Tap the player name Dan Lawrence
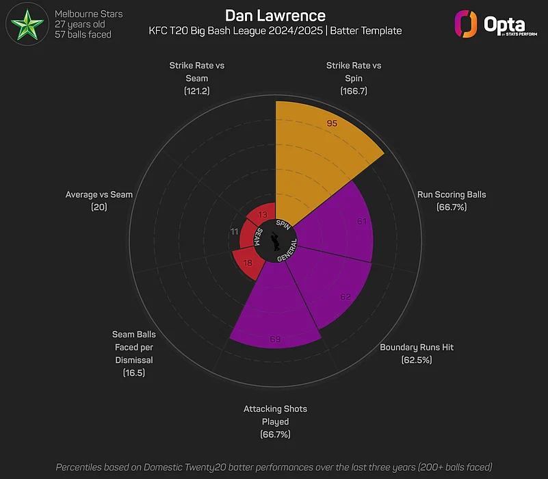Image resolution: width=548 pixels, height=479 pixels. pyautogui.click(x=275, y=15)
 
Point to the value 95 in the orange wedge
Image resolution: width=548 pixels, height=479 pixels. pyautogui.click(x=332, y=124)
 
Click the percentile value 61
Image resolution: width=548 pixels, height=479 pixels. pyautogui.click(x=363, y=222)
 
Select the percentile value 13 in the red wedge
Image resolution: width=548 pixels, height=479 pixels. pyautogui.click(x=263, y=215)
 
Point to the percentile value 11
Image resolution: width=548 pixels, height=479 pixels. pyautogui.click(x=235, y=231)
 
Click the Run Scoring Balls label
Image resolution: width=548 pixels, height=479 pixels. pyautogui.click(x=452, y=200)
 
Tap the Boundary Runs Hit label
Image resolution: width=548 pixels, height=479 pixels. pyautogui.click(x=417, y=353)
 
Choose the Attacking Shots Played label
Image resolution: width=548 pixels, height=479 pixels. pyautogui.click(x=275, y=422)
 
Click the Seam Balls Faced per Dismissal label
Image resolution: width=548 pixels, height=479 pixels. pyautogui.click(x=134, y=354)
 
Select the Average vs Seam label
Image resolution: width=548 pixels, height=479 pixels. pyautogui.click(x=99, y=200)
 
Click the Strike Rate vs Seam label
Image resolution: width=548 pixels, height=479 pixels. pyautogui.click(x=197, y=78)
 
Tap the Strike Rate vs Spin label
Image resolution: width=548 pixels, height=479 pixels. pyautogui.click(x=354, y=78)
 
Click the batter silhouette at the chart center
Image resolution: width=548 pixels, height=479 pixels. pyautogui.click(x=275, y=241)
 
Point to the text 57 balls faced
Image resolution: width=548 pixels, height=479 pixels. pyautogui.click(x=83, y=34)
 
